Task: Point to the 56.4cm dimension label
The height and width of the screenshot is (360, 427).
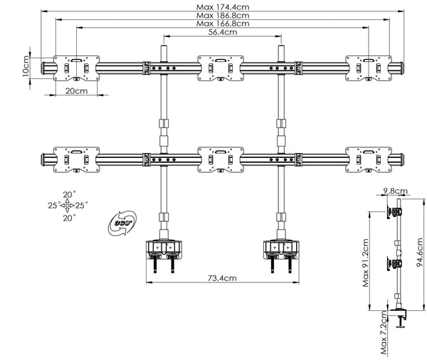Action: [223, 33]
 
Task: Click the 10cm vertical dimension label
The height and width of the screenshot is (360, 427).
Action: [25, 68]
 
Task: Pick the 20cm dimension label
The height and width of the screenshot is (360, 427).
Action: [76, 92]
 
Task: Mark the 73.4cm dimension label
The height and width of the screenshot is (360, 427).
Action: [223, 278]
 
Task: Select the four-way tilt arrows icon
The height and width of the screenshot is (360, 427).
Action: [67, 206]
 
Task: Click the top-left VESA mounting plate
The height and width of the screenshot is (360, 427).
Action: [76, 67]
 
